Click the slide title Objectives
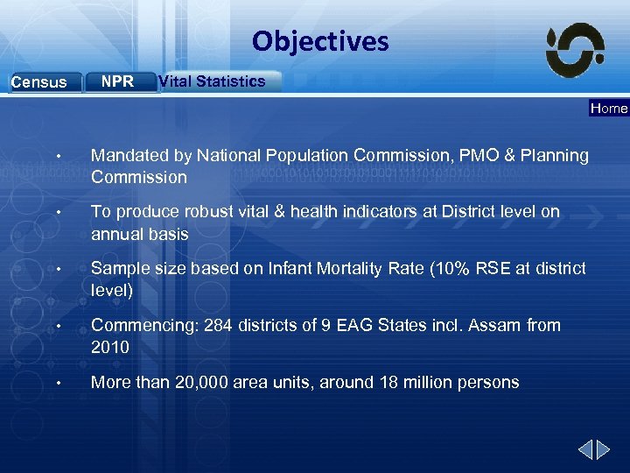point(320,41)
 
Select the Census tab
point(38,82)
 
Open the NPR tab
point(117,81)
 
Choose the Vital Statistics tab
point(212,81)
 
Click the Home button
point(609,109)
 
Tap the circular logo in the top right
point(575,50)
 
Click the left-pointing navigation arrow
point(584,450)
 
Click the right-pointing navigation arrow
point(604,450)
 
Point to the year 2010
point(110,348)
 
